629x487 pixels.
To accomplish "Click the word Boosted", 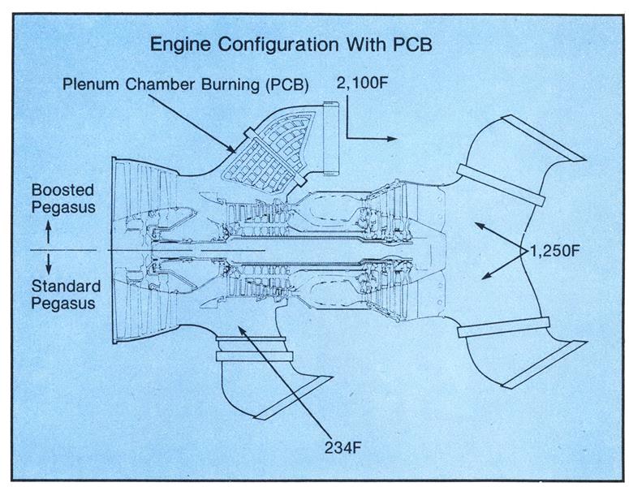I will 62,190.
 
